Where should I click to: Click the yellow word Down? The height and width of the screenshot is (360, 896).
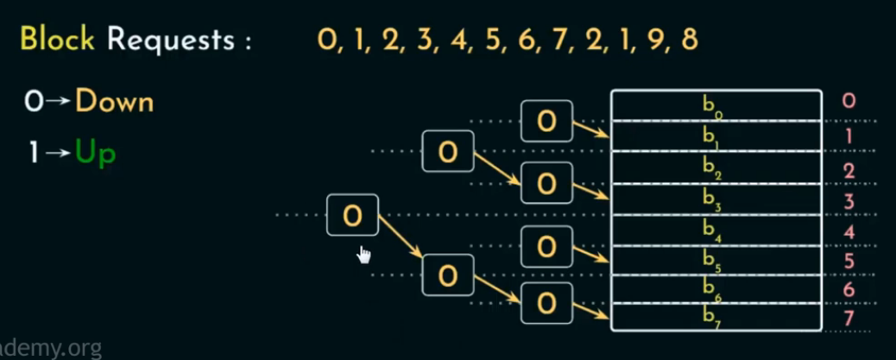(x=114, y=102)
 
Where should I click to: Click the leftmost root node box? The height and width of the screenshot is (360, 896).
(x=352, y=215)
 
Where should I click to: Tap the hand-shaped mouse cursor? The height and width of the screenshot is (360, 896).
(x=364, y=254)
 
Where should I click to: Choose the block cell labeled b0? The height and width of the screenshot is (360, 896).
(x=715, y=105)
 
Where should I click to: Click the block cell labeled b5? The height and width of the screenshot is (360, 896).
(x=715, y=259)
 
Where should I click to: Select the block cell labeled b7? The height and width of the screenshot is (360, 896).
(x=715, y=316)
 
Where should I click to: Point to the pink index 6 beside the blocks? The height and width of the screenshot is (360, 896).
(x=849, y=290)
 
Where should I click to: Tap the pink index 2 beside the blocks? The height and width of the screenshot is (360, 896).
(x=849, y=171)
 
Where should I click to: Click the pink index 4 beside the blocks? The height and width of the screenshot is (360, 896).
(x=849, y=231)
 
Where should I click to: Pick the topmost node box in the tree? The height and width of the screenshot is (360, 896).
(x=546, y=121)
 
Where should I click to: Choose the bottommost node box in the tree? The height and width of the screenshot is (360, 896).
(x=546, y=302)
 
